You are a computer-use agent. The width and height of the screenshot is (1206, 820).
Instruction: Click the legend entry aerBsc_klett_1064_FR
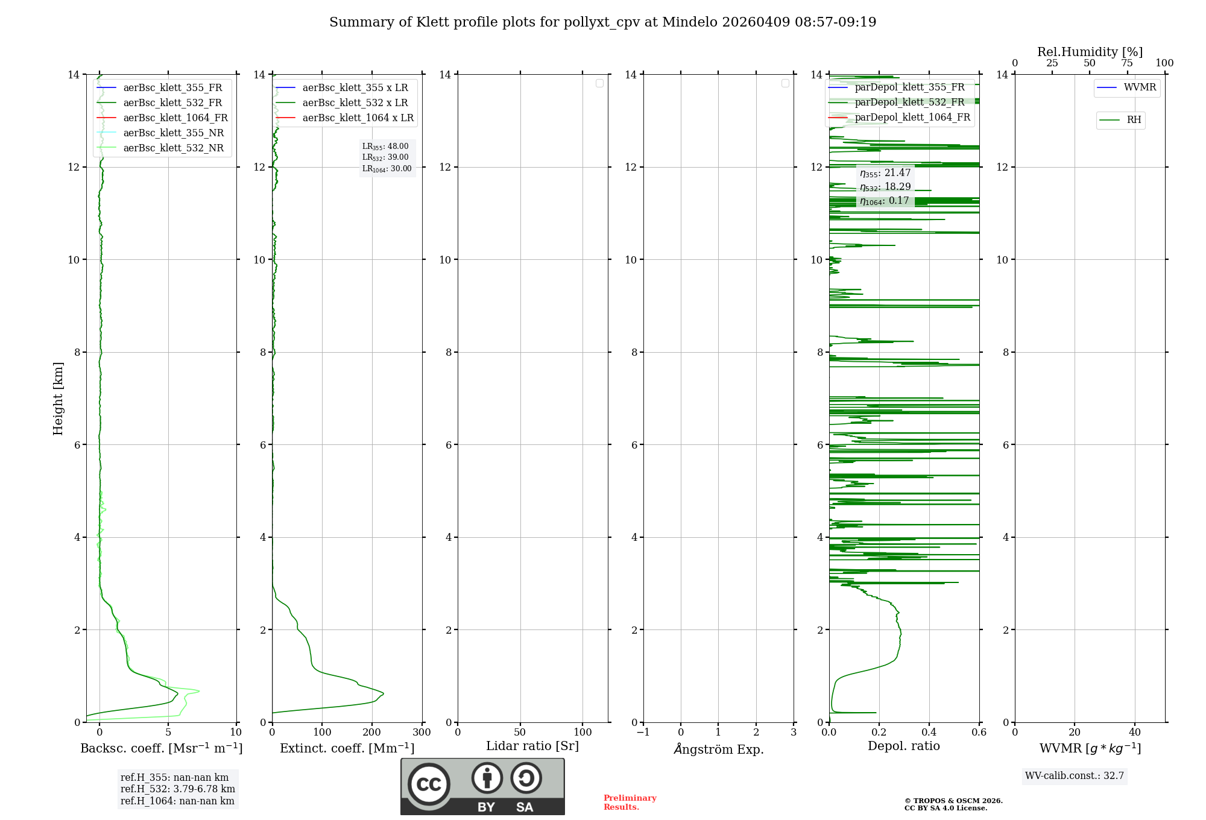[175, 118]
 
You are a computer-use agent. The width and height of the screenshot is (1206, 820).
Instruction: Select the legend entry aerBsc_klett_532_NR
[173, 148]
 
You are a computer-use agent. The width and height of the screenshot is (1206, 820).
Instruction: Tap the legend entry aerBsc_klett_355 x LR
[355, 88]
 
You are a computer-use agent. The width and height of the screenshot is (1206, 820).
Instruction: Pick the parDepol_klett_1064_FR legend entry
[912, 118]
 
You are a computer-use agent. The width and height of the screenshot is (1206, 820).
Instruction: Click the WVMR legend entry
[1140, 87]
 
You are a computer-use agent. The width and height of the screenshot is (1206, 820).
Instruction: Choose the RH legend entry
[1134, 120]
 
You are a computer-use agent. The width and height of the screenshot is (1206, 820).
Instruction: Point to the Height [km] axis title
[58, 398]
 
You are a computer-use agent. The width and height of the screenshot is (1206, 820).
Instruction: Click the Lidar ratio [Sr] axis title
[532, 746]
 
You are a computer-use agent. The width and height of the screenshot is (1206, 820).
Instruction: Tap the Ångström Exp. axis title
[719, 749]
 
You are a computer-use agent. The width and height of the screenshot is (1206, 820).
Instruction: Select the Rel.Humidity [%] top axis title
[1090, 52]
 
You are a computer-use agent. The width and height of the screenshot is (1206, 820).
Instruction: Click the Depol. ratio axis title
[903, 746]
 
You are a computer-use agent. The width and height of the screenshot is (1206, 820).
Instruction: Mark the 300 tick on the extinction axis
[422, 733]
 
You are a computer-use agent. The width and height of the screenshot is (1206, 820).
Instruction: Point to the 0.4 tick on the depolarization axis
[929, 733]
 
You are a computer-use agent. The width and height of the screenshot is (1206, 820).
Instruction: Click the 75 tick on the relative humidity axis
[1127, 63]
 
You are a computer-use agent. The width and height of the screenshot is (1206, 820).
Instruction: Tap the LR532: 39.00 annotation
[385, 157]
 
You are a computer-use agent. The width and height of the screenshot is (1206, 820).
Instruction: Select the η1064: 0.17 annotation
[885, 201]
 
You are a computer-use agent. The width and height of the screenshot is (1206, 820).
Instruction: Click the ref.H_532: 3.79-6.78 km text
[178, 789]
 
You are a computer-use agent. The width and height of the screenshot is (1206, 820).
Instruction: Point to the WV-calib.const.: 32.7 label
[1075, 776]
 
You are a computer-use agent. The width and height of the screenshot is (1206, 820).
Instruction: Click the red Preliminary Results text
[630, 803]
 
